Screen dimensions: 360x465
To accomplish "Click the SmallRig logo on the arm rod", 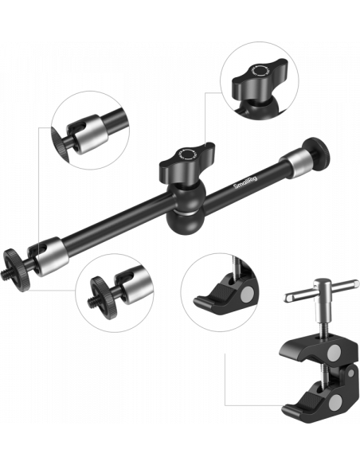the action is pos(246,182).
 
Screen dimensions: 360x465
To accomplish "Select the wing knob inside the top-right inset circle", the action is pos(260,79).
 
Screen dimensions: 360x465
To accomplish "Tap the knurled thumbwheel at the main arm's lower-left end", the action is pos(17,270).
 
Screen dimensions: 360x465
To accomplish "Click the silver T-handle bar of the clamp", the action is pos(322,290).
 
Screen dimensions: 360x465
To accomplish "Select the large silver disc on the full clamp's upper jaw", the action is pos(335,353).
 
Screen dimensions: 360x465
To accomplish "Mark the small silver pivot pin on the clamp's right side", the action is pos(350,373).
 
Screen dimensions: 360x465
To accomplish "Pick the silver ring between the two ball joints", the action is pos(185,212).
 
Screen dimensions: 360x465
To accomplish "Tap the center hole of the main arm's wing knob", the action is pos(187,154).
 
